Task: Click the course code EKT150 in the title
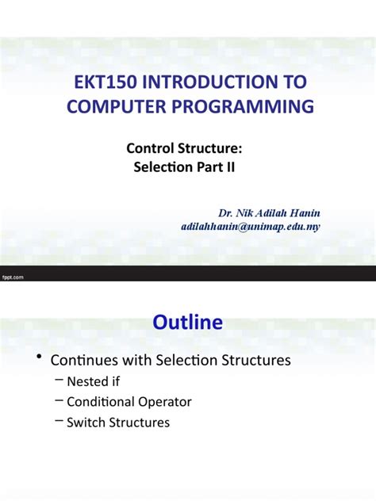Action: click(x=98, y=83)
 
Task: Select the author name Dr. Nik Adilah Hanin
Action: click(x=269, y=212)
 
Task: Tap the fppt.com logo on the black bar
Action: click(x=14, y=277)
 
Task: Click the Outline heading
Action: click(x=188, y=323)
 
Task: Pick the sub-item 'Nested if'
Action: click(x=93, y=381)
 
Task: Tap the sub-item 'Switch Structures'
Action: click(x=117, y=423)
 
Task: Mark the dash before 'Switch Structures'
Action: click(x=59, y=422)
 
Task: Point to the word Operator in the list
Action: click(x=163, y=402)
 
